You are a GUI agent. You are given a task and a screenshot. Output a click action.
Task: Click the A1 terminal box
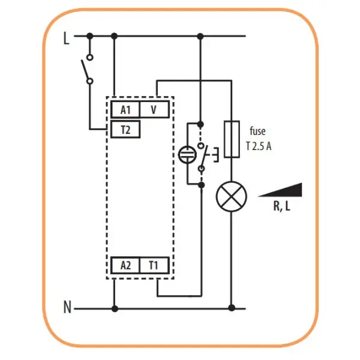(125, 110)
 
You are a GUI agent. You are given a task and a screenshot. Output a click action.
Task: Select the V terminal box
(154, 110)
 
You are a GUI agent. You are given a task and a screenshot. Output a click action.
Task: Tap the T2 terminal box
(125, 130)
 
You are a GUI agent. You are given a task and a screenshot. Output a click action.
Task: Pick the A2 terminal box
(125, 265)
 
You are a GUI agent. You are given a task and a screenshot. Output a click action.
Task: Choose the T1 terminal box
(154, 265)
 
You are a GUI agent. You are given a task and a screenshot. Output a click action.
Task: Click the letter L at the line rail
(66, 38)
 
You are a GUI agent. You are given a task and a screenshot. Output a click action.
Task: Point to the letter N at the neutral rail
(67, 307)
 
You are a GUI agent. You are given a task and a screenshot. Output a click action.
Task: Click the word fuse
(257, 131)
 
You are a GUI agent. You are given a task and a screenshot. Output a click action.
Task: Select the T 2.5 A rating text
(259, 146)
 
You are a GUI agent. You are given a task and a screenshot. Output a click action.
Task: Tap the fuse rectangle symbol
(232, 139)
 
